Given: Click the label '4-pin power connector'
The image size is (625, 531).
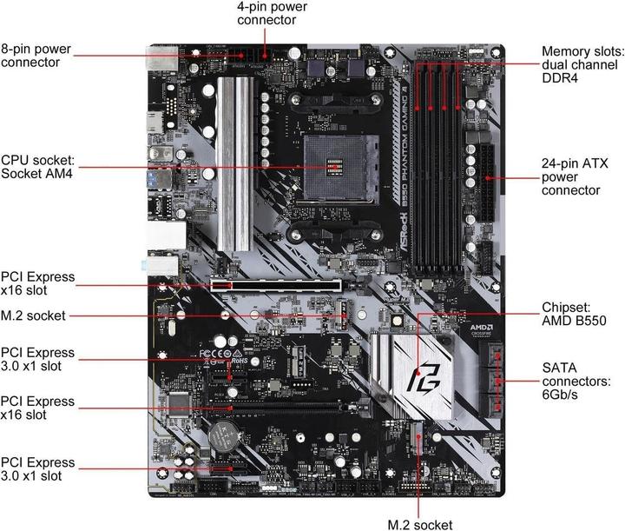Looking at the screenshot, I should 272,12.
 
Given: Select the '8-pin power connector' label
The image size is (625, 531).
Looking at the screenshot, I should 36,55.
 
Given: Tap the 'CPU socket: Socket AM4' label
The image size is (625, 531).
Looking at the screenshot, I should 38,167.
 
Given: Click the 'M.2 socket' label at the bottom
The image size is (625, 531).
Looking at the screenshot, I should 420,523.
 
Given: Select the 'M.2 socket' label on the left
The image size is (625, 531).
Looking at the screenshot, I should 33,315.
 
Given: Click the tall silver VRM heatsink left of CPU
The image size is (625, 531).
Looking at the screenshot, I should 227,174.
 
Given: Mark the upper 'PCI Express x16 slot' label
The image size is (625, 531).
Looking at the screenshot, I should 38,283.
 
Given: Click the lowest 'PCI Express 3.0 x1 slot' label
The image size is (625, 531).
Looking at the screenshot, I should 38,469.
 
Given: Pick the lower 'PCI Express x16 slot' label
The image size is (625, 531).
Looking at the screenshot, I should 38,408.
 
